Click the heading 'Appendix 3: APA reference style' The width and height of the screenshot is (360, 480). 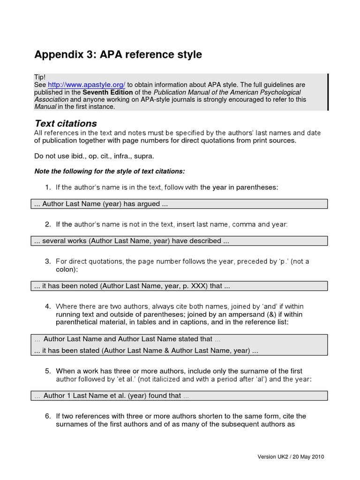point(118,55)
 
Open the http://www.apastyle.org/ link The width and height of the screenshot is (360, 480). point(86,85)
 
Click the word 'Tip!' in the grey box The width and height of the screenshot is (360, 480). point(40,77)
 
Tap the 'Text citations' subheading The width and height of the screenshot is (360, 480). point(66,124)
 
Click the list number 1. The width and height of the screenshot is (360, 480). point(47,187)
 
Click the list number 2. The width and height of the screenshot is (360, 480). point(47,225)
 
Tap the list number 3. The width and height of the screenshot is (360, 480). point(47,262)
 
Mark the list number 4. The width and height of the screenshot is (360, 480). point(47,307)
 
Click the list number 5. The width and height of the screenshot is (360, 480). point(47,371)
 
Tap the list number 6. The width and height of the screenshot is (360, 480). point(47,416)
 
